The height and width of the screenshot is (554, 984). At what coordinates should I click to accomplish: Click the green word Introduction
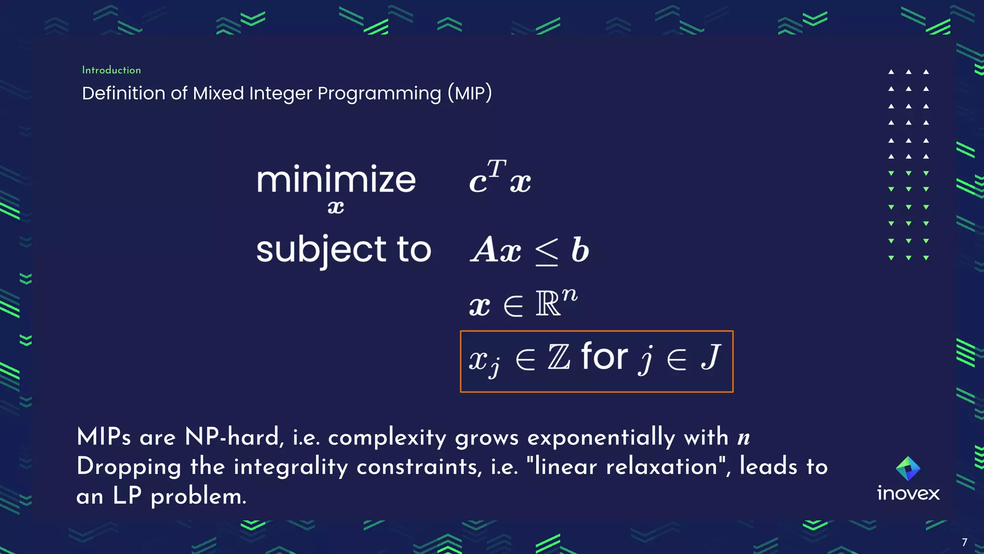pos(111,70)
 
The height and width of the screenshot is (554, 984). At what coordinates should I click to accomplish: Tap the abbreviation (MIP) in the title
pos(469,93)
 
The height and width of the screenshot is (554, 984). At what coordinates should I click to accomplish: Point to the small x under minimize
pos(335,207)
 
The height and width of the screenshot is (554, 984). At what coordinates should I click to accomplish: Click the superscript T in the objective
pos(497,168)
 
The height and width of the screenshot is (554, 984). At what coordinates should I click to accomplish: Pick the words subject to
pos(344,249)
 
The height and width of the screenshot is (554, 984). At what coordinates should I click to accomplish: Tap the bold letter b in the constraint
pos(580,250)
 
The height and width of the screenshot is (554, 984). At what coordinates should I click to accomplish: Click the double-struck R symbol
pos(548,304)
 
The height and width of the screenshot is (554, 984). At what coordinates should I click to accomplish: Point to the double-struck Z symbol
pos(559,358)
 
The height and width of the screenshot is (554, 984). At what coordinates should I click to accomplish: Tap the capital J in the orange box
pos(711,357)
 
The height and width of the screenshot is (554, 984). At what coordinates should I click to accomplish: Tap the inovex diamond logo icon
pos(908,468)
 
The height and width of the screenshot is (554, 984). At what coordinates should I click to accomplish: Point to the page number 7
pos(964,542)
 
